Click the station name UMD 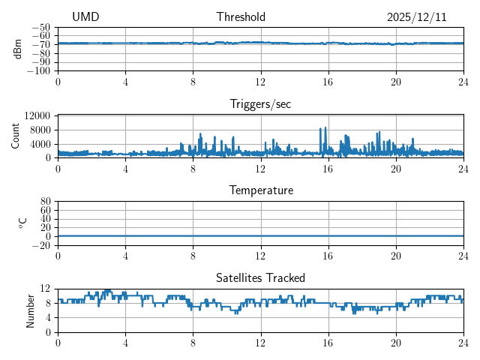click(85, 17)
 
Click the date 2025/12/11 click(416, 17)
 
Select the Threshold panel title click(241, 17)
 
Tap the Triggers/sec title click(260, 104)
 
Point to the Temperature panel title click(260, 190)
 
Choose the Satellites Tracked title click(260, 277)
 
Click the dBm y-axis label click(17, 48)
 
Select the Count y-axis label click(16, 136)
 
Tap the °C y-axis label click(22, 222)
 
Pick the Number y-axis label click(31, 310)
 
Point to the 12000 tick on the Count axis click(37, 115)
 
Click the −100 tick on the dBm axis click(40, 71)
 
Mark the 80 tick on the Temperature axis click(45, 202)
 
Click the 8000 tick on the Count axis click(40, 130)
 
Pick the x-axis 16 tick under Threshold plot click(328, 81)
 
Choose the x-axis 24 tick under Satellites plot click(463, 341)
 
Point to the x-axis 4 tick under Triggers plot click(125, 168)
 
